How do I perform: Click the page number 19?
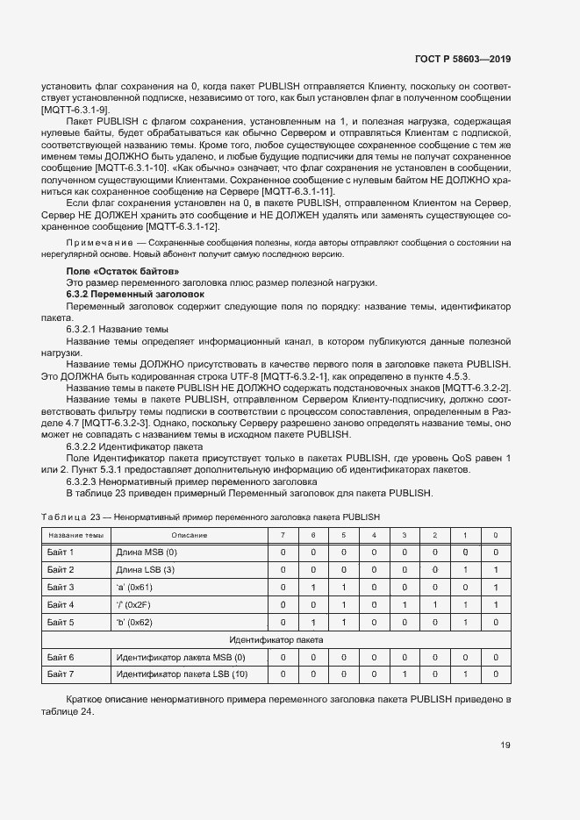pyautogui.click(x=505, y=745)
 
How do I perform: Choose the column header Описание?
pyautogui.click(x=189, y=534)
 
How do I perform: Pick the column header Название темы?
pyautogui.click(x=75, y=534)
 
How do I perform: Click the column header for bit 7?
pyautogui.click(x=282, y=534)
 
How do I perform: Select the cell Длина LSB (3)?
pyautogui.click(x=147, y=569)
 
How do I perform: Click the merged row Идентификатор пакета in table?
pyautogui.click(x=276, y=639)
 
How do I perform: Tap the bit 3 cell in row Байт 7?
pyautogui.click(x=404, y=674)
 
